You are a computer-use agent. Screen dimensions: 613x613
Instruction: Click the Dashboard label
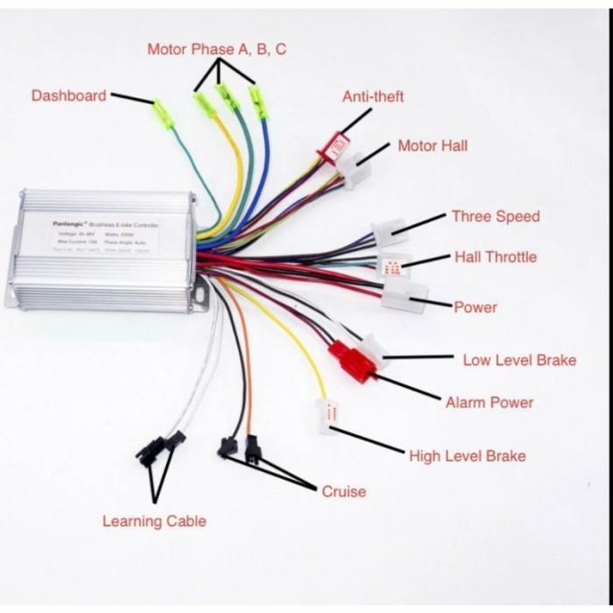point(68,95)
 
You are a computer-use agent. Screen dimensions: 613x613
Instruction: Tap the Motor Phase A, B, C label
point(216,49)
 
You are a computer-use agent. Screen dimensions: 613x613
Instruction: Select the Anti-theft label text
point(373,96)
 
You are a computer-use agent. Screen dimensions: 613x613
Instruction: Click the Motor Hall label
point(433,145)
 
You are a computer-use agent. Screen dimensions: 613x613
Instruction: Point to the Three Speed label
point(495,216)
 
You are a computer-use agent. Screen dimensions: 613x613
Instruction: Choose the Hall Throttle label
point(495,257)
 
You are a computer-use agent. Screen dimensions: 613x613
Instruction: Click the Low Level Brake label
point(518,360)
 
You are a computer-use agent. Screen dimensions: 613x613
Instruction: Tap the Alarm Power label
point(489,403)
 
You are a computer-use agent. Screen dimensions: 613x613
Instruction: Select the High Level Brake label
point(468,456)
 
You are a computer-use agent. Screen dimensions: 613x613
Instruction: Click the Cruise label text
point(343,491)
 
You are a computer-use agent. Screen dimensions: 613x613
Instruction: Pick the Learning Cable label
point(154,521)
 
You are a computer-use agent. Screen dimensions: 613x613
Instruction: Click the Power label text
point(475,307)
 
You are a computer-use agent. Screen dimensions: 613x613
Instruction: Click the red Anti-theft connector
point(335,147)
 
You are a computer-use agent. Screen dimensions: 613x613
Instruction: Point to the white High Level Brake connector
point(328,416)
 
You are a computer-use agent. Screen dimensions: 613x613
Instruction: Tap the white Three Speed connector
point(388,233)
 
